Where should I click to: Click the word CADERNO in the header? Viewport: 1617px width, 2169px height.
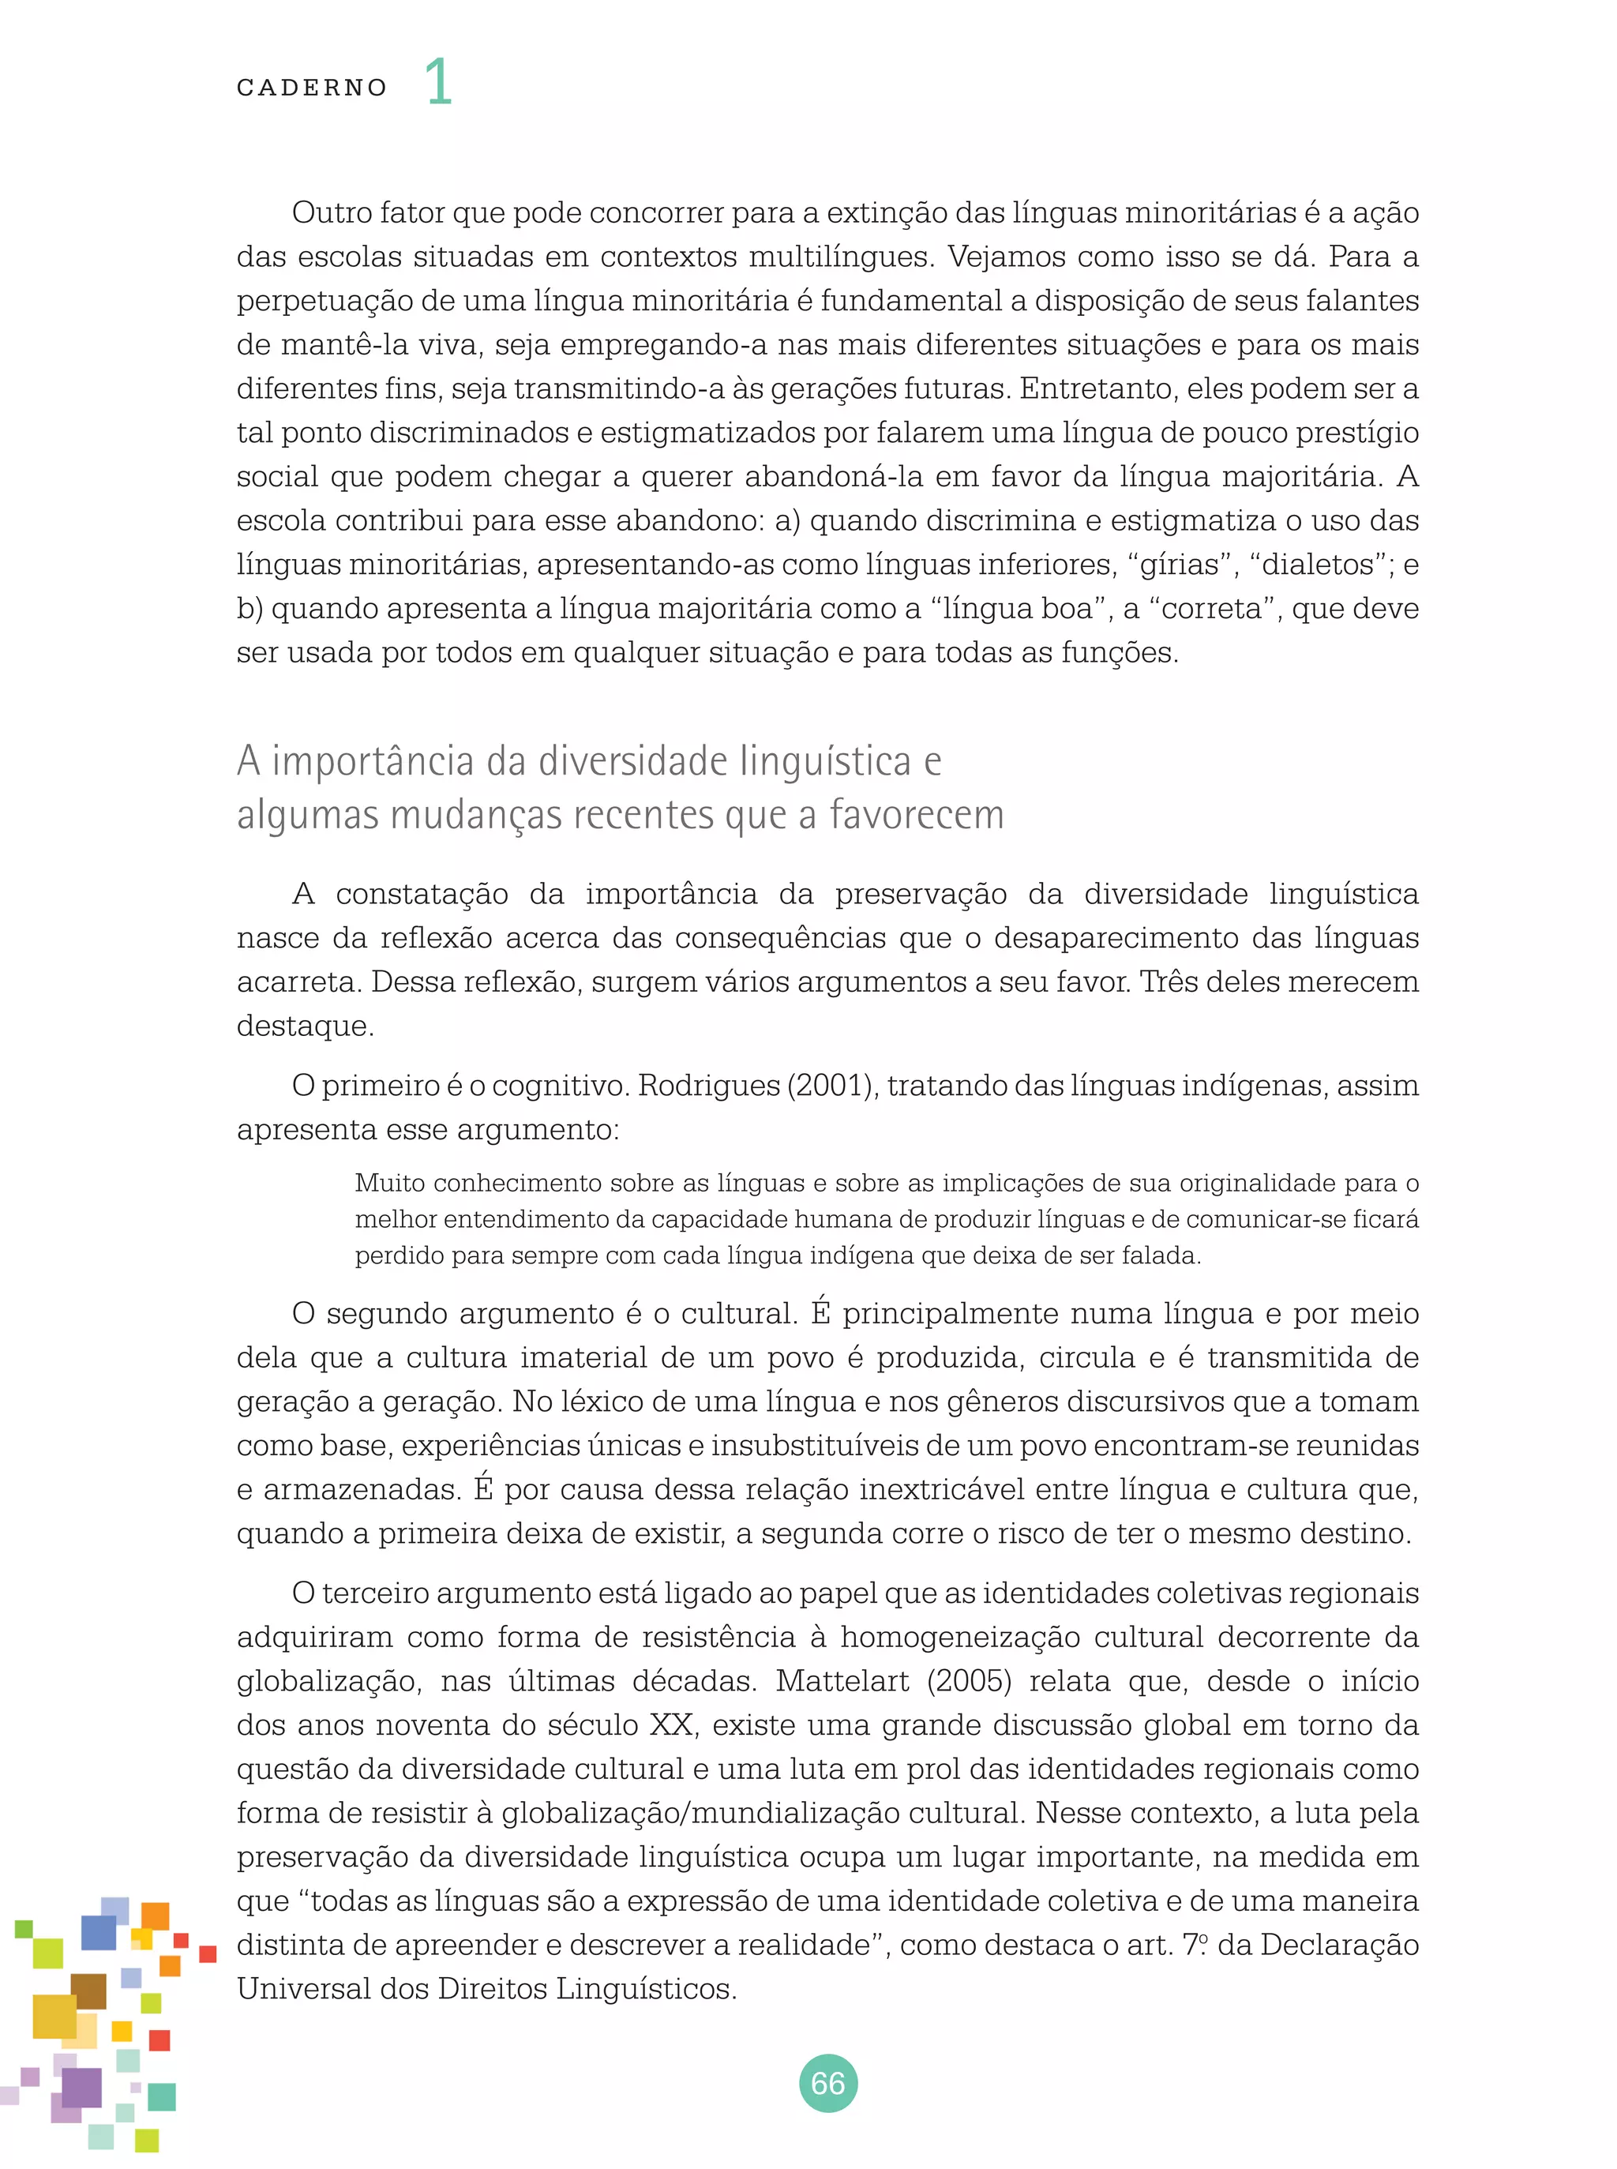tap(311, 88)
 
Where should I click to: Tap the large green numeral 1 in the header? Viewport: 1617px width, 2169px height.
tap(438, 81)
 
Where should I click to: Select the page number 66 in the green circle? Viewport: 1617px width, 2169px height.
tap(828, 2083)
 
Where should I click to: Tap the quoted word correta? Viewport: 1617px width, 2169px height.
tap(1212, 609)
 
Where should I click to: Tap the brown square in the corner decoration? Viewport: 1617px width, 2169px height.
tap(89, 1990)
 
